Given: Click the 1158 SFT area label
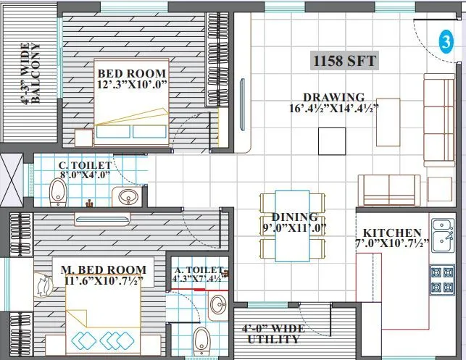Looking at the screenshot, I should (344, 61).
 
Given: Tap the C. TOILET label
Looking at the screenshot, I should (86, 169).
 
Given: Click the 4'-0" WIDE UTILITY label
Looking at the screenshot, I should (273, 333).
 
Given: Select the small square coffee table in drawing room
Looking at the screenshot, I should (333, 140).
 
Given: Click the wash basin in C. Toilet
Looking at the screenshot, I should (130, 196).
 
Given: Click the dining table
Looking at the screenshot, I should (293, 225).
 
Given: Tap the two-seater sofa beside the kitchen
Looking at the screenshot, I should (388, 190).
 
